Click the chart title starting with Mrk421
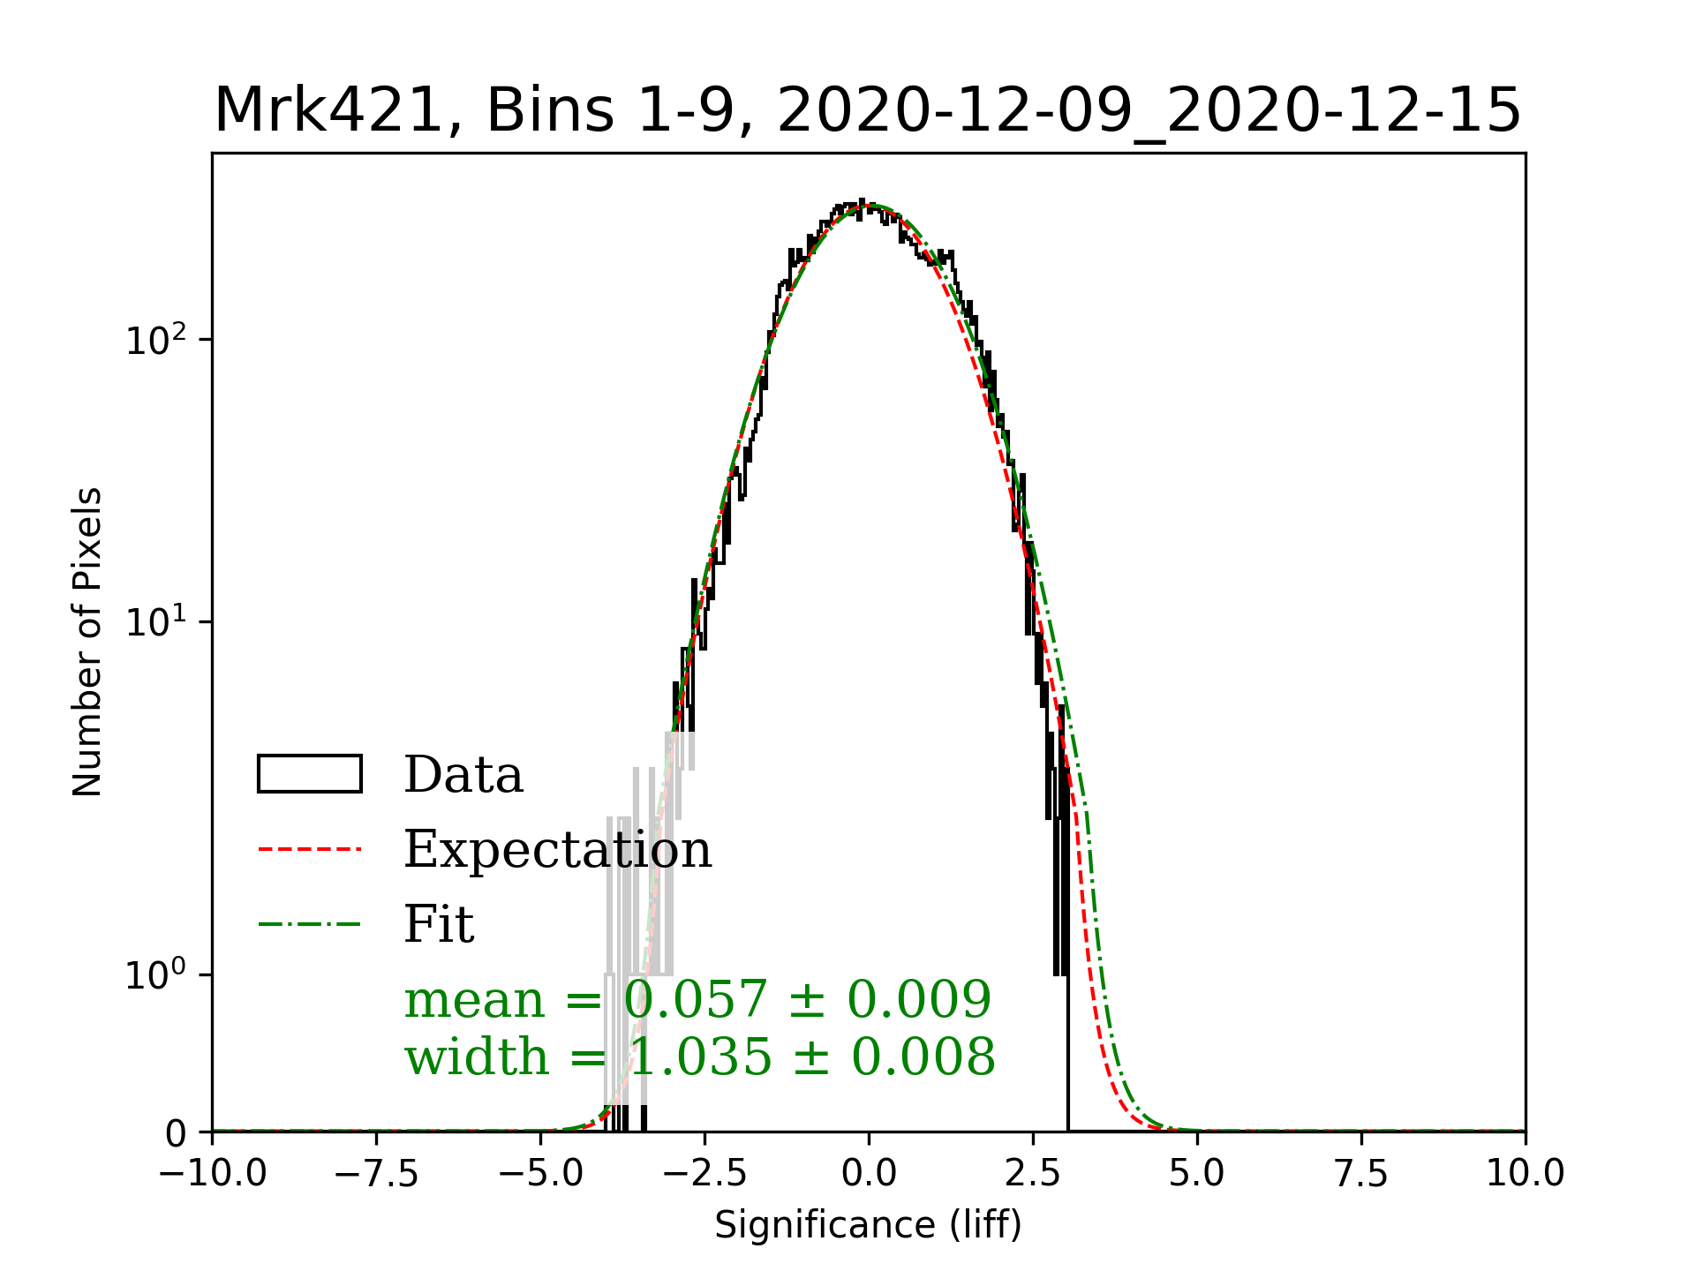(x=867, y=111)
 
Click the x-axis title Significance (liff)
(x=868, y=1225)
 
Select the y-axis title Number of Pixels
(x=87, y=642)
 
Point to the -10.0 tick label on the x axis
(x=213, y=1174)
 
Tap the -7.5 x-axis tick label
(x=377, y=1174)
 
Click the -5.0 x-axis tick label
(x=541, y=1174)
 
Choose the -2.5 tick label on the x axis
(x=705, y=1174)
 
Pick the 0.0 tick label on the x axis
(x=869, y=1174)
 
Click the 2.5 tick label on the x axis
(x=1033, y=1174)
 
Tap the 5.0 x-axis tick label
(x=1197, y=1174)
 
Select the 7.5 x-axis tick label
(x=1361, y=1174)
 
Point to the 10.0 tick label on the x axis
(x=1525, y=1174)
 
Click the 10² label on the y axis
(x=156, y=341)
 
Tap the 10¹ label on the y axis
(x=156, y=623)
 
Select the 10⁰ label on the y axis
(x=156, y=976)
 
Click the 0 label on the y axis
(x=176, y=1133)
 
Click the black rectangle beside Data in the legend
(x=309, y=774)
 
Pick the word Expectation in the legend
(x=557, y=849)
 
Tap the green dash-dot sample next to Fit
(x=309, y=924)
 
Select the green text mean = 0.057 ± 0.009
(x=697, y=999)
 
